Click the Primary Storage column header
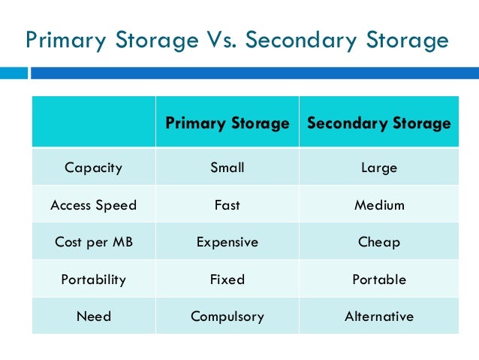[227, 123]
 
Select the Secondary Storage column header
[378, 123]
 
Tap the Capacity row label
[93, 168]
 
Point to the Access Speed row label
[93, 205]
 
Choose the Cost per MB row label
[93, 242]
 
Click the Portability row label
[93, 280]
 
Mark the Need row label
[93, 316]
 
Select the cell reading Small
[227, 168]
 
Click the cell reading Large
[378, 168]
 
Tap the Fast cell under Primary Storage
[227, 205]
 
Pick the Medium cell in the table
[378, 205]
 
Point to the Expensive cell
[227, 242]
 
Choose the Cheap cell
[378, 242]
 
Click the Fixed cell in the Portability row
[227, 280]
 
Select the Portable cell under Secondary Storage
[378, 280]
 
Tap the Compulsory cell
[227, 316]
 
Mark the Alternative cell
[378, 316]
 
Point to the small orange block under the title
[14, 73]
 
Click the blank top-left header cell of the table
[93, 122]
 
